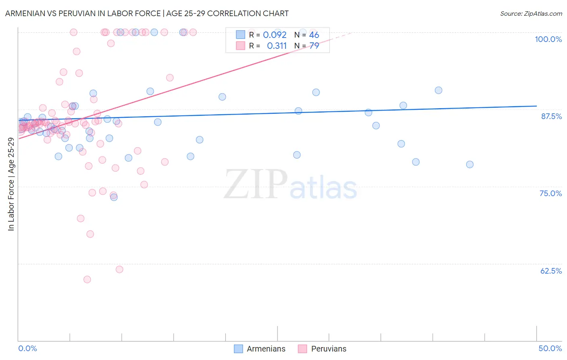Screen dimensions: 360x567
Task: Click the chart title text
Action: click(147, 13)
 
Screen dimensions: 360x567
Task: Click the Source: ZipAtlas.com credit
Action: click(531, 13)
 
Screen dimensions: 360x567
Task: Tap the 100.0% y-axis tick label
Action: click(548, 39)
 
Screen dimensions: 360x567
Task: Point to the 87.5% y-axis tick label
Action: click(551, 116)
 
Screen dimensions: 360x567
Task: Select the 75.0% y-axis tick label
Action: click(550, 193)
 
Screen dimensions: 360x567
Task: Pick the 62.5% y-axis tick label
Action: click(551, 271)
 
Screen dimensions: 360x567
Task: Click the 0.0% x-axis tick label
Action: click(27, 348)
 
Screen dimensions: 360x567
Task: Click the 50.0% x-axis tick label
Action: click(550, 348)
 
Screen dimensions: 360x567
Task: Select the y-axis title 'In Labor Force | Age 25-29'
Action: click(11, 184)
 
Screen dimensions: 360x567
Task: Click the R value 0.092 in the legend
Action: click(275, 35)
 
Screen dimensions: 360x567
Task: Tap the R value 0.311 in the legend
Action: click(277, 46)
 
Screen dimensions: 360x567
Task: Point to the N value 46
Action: click(314, 35)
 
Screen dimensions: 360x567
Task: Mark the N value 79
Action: click(314, 46)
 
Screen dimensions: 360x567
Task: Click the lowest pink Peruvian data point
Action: click(87, 279)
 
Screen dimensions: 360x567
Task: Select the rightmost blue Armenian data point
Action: click(470, 164)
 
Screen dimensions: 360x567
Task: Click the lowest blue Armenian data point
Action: click(114, 197)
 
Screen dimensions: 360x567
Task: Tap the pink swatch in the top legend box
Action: click(240, 46)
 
